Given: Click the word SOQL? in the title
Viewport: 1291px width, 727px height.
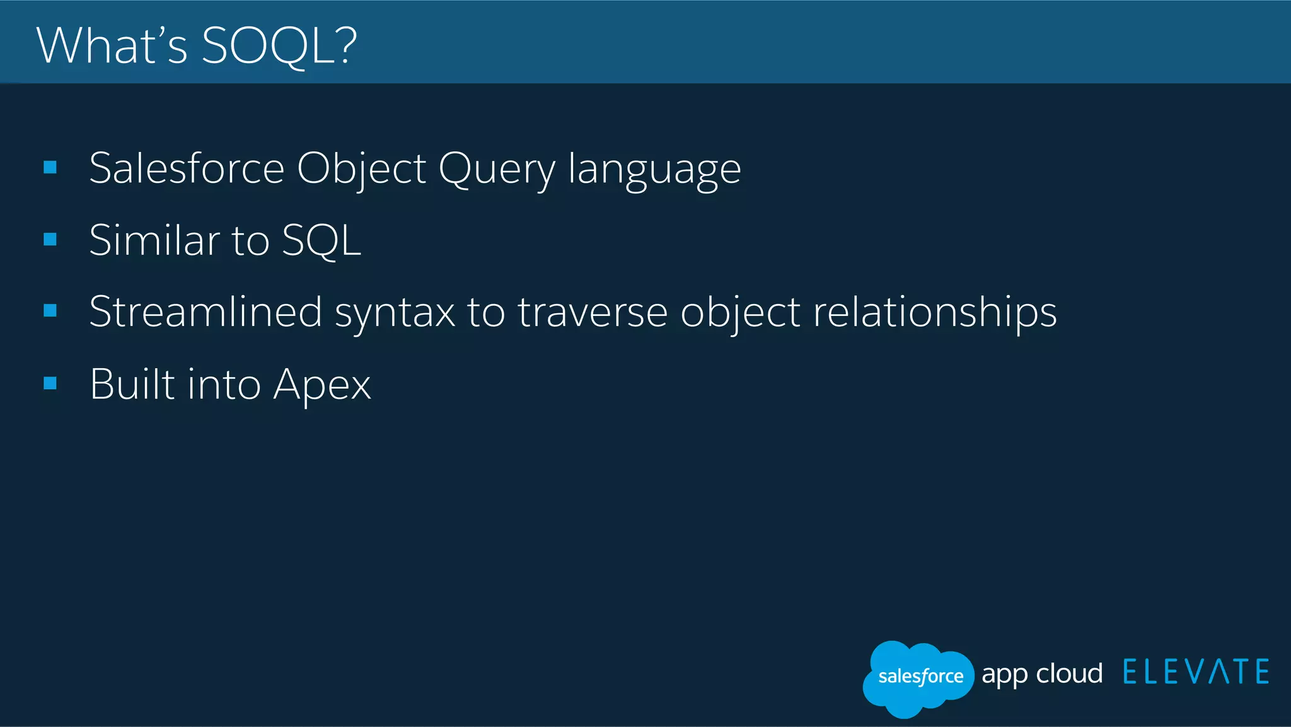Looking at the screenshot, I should click(x=279, y=46).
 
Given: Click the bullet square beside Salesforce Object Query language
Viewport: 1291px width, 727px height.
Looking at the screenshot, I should click(x=50, y=167).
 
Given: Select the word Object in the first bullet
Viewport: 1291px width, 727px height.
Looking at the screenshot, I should click(x=361, y=169).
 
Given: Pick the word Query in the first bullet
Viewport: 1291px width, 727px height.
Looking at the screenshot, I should click(x=497, y=169).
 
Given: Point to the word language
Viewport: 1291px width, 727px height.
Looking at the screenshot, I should click(x=654, y=169).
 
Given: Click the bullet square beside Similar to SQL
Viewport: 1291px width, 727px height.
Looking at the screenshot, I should click(x=50, y=239).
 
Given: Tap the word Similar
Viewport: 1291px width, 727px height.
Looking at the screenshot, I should click(x=154, y=240).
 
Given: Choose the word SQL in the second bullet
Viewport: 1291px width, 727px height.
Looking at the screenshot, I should click(x=321, y=240).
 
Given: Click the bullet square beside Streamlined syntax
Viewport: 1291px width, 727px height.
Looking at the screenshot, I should click(x=50, y=310).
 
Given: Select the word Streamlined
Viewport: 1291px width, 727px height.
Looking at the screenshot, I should click(x=206, y=311).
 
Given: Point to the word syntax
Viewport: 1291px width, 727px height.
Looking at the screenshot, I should click(x=395, y=313).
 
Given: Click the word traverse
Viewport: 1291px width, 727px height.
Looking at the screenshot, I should click(x=593, y=313).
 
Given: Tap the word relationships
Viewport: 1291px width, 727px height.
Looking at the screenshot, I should click(x=934, y=313).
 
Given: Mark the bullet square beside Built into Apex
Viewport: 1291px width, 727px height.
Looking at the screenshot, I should click(x=50, y=383).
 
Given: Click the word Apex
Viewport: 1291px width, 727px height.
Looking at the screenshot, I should click(x=322, y=385).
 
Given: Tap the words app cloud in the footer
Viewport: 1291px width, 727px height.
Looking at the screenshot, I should click(x=1042, y=674).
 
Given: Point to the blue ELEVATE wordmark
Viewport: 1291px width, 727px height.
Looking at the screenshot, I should click(x=1196, y=672).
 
